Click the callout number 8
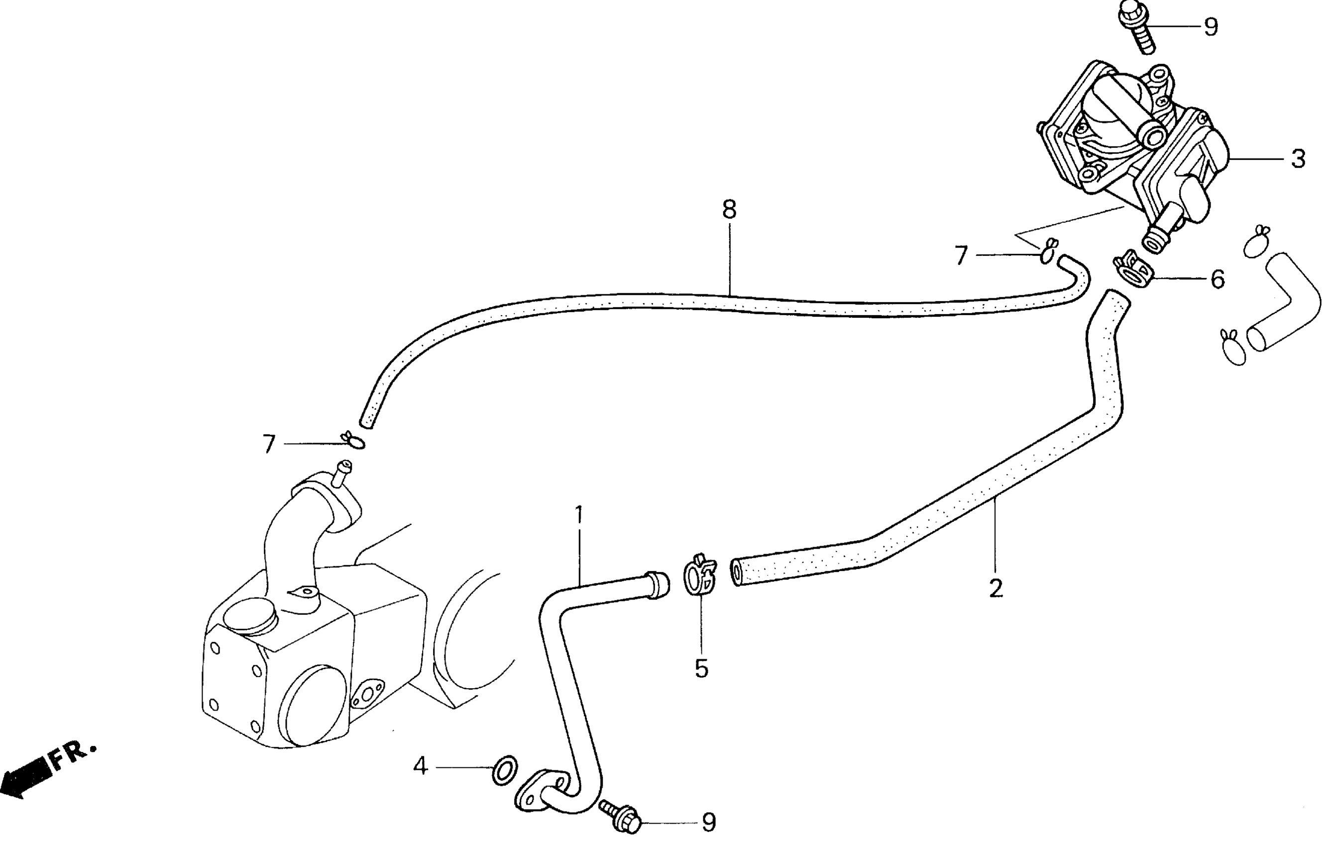(729, 210)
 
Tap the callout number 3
(1298, 159)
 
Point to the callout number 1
(578, 515)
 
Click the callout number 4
(420, 766)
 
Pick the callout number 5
(701, 669)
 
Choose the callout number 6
(1217, 279)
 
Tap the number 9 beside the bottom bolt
(709, 822)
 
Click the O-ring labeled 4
(504, 770)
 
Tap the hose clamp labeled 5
(700, 576)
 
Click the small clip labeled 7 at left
(352, 440)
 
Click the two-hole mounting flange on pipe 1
(543, 793)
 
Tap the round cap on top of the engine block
(249, 616)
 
